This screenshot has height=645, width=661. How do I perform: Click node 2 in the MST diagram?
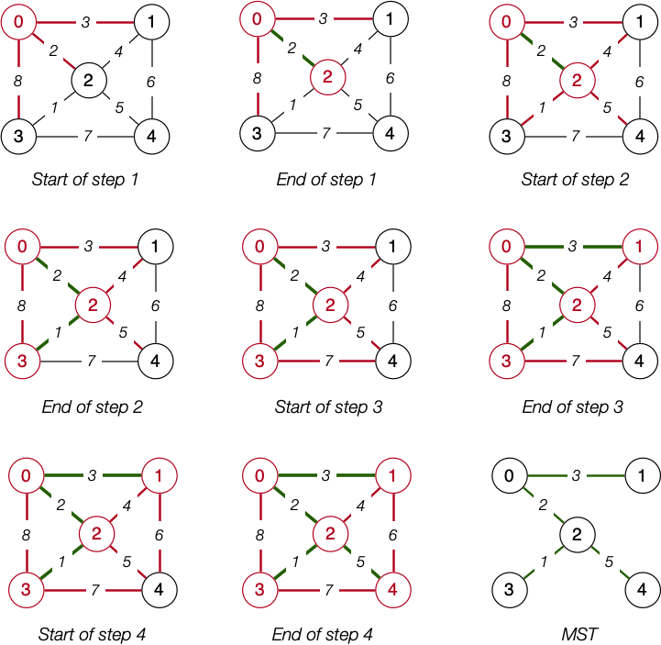577,533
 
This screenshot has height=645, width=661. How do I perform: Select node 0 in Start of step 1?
18,17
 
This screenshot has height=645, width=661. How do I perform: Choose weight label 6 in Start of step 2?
640,82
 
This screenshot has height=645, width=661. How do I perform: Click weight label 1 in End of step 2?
57,334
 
